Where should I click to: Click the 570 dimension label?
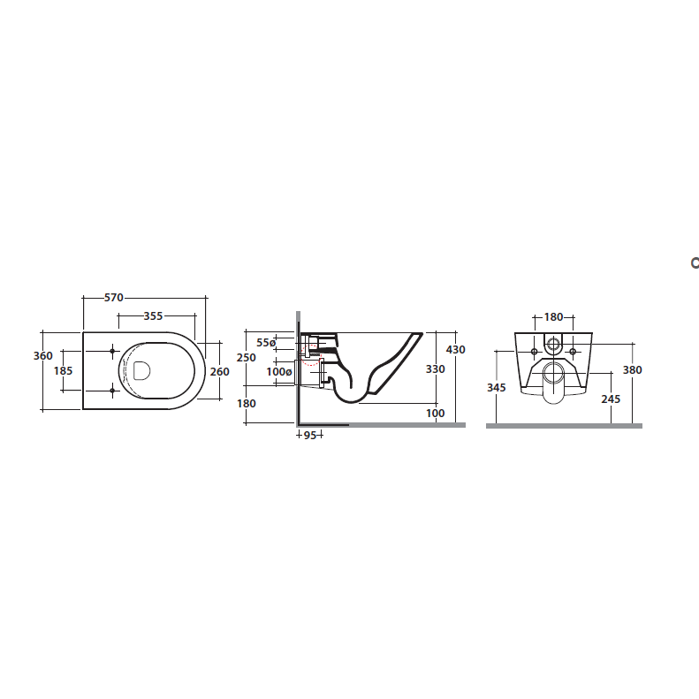coord(114,297)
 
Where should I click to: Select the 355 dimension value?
coord(153,316)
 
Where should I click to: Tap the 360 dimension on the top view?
coord(43,356)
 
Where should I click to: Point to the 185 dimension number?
coord(63,370)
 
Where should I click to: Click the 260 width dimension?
coord(219,371)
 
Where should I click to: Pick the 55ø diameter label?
coord(266,342)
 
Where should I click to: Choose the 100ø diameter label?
coord(279,371)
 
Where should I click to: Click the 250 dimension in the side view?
coord(247,358)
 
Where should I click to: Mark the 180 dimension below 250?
coord(247,404)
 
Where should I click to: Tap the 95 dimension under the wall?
coord(310,435)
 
